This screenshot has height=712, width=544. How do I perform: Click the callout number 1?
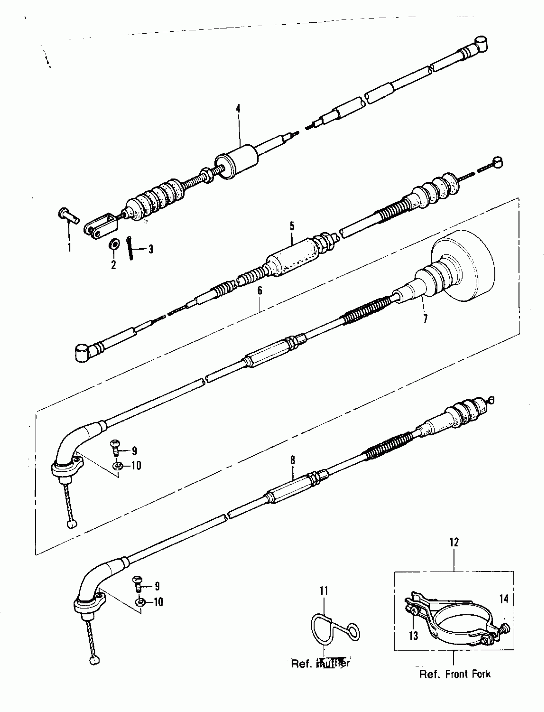pos(69,248)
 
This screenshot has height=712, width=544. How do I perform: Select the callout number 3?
pos(151,249)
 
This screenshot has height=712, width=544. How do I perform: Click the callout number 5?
pos(292,226)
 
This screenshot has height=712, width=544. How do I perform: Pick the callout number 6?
pos(260,291)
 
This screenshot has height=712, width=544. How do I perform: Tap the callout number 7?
pos(425,319)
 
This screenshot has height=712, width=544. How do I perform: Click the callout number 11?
pos(324,591)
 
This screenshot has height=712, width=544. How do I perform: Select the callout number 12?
pos(454,543)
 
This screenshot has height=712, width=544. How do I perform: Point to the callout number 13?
pos(413,636)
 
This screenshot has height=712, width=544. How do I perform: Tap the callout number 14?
pos(504,599)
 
